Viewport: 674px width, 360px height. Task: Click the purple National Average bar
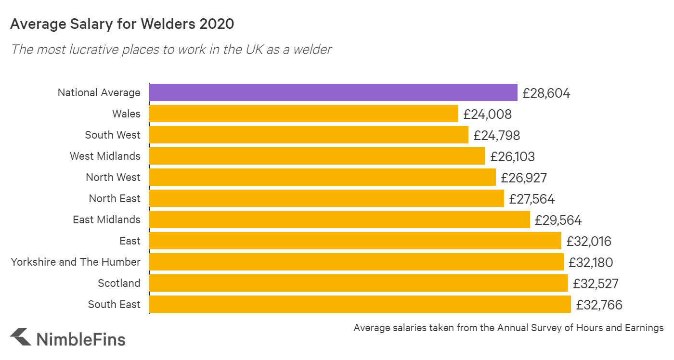tap(333, 92)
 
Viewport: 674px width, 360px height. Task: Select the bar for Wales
tap(303, 114)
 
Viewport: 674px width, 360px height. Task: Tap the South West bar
tap(309, 135)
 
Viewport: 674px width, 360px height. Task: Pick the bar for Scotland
tap(358, 283)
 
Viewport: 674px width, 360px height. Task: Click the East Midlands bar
tap(339, 219)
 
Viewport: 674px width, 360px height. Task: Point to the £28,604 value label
tap(546, 93)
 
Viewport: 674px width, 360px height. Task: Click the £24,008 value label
tap(487, 114)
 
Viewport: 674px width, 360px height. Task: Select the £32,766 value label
tap(599, 305)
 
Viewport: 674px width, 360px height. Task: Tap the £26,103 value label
tap(512, 156)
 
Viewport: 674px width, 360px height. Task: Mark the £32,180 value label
tap(591, 262)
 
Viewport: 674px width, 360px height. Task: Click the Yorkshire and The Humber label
tap(76, 262)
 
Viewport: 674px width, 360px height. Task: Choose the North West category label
tap(113, 177)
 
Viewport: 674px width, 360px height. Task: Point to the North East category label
tap(115, 198)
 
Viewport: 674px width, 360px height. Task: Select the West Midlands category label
tap(105, 156)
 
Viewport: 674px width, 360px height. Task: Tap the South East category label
tap(114, 304)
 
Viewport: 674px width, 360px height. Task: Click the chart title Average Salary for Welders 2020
tap(122, 24)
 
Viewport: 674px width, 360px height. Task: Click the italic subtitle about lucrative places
tap(171, 49)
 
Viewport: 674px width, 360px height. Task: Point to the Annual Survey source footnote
tap(508, 328)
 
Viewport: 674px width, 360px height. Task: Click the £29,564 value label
tap(558, 220)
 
